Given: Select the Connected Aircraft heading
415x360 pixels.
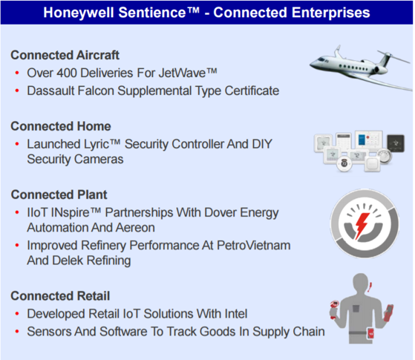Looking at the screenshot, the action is pos(65,55).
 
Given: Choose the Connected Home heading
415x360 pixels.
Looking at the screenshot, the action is pos(61,126).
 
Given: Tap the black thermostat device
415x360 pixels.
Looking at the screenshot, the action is pos(396,143).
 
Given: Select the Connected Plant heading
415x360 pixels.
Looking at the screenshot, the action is pos(59,194).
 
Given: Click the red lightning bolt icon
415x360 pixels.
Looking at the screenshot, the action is pos(362,225).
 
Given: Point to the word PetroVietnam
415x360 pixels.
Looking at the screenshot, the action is pos(254,245).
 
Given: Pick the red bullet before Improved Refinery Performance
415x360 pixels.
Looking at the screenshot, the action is pos(17,246).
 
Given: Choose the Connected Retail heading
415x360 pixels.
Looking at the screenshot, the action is pos(60,296).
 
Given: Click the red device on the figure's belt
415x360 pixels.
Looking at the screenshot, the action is pos(370,333).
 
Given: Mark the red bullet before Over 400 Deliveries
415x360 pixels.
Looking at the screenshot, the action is pos(17,73).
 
